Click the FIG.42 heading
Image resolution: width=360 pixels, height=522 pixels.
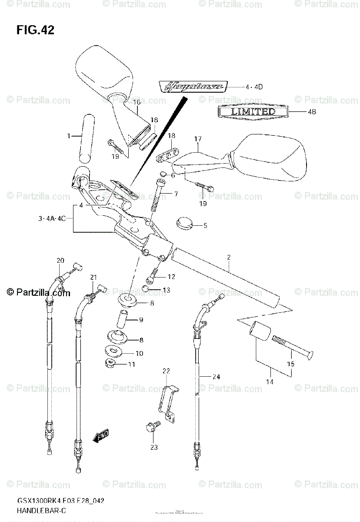click(35, 30)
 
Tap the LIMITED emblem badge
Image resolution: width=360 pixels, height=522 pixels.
click(253, 112)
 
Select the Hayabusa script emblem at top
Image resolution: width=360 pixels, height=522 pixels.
click(192, 87)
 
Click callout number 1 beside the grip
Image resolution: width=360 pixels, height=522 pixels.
click(69, 136)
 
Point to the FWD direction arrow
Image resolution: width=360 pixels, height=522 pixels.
click(102, 435)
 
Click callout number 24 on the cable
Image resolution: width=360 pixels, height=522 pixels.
click(217, 377)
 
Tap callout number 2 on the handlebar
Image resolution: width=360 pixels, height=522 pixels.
click(228, 257)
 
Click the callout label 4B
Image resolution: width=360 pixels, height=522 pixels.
click(311, 112)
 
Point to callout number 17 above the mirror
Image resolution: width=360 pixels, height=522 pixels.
click(198, 139)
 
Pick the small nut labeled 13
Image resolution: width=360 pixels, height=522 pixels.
click(147, 289)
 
